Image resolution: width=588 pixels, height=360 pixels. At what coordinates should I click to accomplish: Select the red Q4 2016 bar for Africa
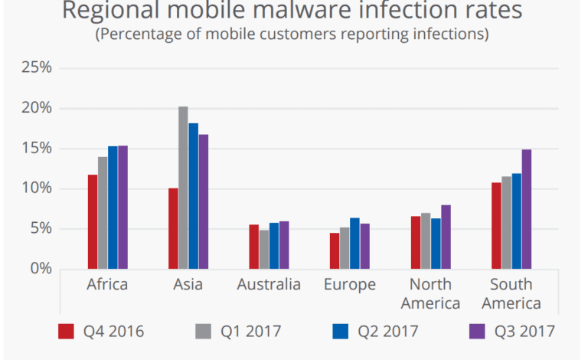(x=93, y=221)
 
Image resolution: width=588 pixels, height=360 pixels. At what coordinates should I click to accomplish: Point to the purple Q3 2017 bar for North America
(x=446, y=237)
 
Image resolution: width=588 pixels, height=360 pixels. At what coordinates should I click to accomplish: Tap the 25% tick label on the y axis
(x=36, y=67)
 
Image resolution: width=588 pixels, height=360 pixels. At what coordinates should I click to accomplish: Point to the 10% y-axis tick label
(x=36, y=188)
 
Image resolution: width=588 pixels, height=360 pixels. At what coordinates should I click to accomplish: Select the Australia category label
(x=269, y=285)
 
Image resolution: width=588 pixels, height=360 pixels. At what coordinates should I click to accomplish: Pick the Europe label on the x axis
(x=349, y=285)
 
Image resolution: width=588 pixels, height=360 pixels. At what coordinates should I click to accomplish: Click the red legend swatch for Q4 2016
(x=67, y=331)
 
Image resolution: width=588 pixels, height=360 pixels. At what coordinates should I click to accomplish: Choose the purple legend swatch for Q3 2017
(x=477, y=331)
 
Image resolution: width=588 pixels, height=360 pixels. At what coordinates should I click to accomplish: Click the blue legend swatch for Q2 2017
(x=341, y=331)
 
